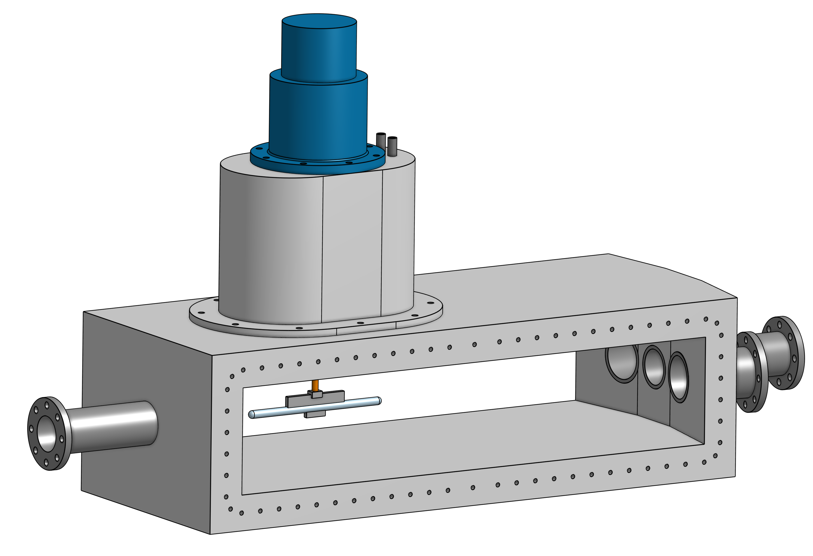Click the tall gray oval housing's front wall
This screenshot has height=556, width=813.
(273, 245)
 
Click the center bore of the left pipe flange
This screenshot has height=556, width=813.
(47, 433)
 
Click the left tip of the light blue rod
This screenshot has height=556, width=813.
(251, 415)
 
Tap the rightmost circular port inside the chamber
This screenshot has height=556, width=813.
(678, 377)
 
